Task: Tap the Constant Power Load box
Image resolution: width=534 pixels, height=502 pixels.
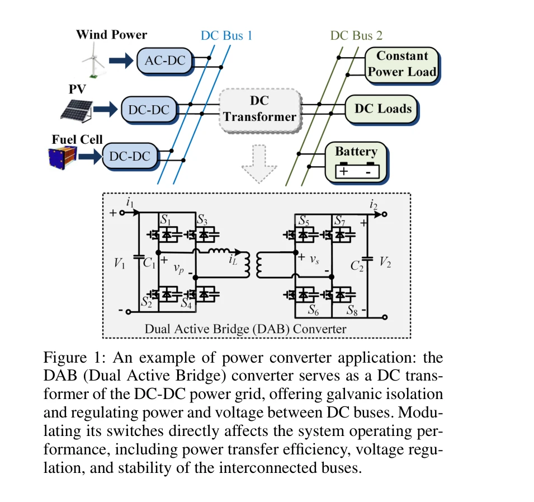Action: [x=401, y=64]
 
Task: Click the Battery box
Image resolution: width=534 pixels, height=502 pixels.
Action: [x=356, y=160]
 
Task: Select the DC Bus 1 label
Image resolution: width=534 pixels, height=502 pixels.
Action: [x=226, y=36]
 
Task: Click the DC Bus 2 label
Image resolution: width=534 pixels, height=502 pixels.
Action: [x=356, y=36]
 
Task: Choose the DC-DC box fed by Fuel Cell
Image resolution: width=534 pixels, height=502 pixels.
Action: [x=130, y=157]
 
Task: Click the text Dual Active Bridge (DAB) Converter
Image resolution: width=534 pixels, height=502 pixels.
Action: [x=245, y=329]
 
